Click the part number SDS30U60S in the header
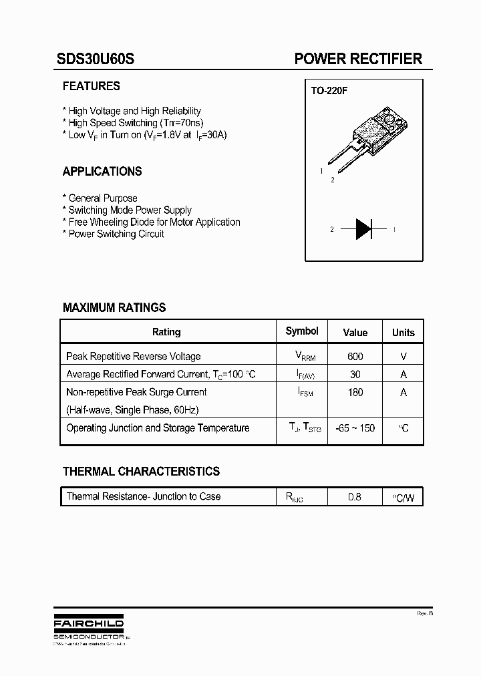(96, 59)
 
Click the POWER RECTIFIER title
(358, 59)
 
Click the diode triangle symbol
(363, 229)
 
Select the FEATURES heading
(92, 86)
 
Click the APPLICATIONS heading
(102, 172)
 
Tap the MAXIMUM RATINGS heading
(114, 308)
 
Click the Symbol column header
(302, 331)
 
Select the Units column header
(404, 332)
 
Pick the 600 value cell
(355, 357)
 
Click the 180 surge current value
(355, 392)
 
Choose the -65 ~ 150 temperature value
(355, 428)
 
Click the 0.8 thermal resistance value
(355, 497)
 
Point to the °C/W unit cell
(404, 498)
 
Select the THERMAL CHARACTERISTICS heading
(141, 472)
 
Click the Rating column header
(166, 332)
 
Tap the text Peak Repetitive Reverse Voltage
(134, 357)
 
